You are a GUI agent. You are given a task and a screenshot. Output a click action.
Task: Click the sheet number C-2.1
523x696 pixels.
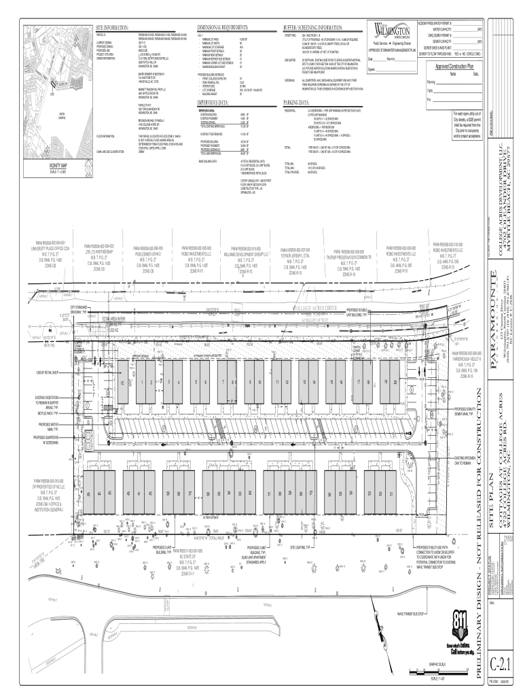tap(503, 663)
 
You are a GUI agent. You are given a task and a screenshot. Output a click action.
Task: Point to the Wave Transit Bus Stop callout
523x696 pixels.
tap(410, 613)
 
